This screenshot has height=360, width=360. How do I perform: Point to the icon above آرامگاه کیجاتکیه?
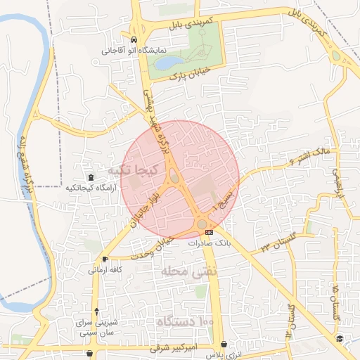(x=90, y=178)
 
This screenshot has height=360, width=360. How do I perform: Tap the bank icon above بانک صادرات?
(x=209, y=232)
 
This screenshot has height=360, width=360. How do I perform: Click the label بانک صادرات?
(x=210, y=242)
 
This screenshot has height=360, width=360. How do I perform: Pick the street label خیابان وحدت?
(x=167, y=243)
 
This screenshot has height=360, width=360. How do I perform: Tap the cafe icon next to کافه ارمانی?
(x=105, y=259)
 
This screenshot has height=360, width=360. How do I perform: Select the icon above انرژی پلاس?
(x=224, y=345)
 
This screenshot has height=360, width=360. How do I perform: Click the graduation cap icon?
(x=340, y=339)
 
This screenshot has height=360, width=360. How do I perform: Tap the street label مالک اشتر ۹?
(x=309, y=155)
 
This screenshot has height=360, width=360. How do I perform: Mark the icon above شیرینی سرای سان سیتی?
(x=96, y=311)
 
